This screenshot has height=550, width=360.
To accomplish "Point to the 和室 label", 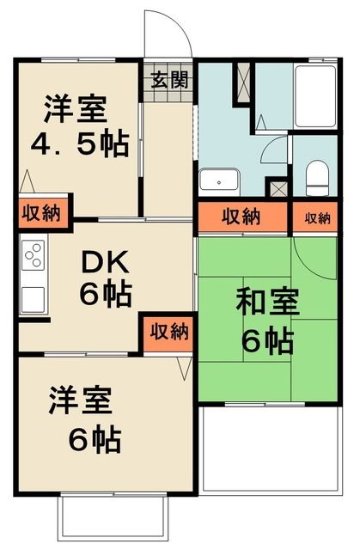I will (267, 303).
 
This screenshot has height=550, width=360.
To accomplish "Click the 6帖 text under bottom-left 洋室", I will (95, 440).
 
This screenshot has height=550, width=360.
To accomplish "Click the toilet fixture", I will (315, 178).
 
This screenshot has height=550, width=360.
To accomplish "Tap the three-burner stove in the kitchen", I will (34, 255).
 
